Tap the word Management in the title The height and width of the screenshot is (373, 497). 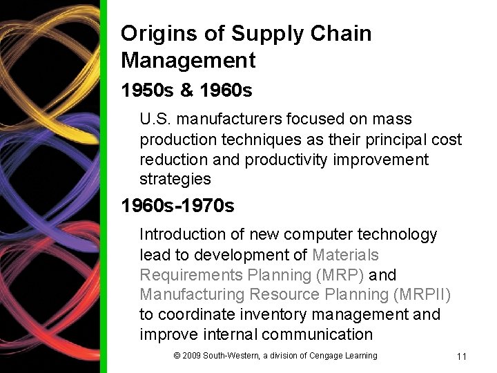tap(188, 60)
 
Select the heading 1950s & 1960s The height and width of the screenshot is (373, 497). tap(186, 90)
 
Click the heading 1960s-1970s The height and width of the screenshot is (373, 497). tap(177, 206)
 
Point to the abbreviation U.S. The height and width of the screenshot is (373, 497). tap(153, 119)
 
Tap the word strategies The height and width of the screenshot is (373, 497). tap(175, 180)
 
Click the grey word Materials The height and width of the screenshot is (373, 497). tap(345, 255)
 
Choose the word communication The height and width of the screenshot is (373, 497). tap(320, 335)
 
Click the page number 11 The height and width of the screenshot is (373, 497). tap(462, 356)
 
